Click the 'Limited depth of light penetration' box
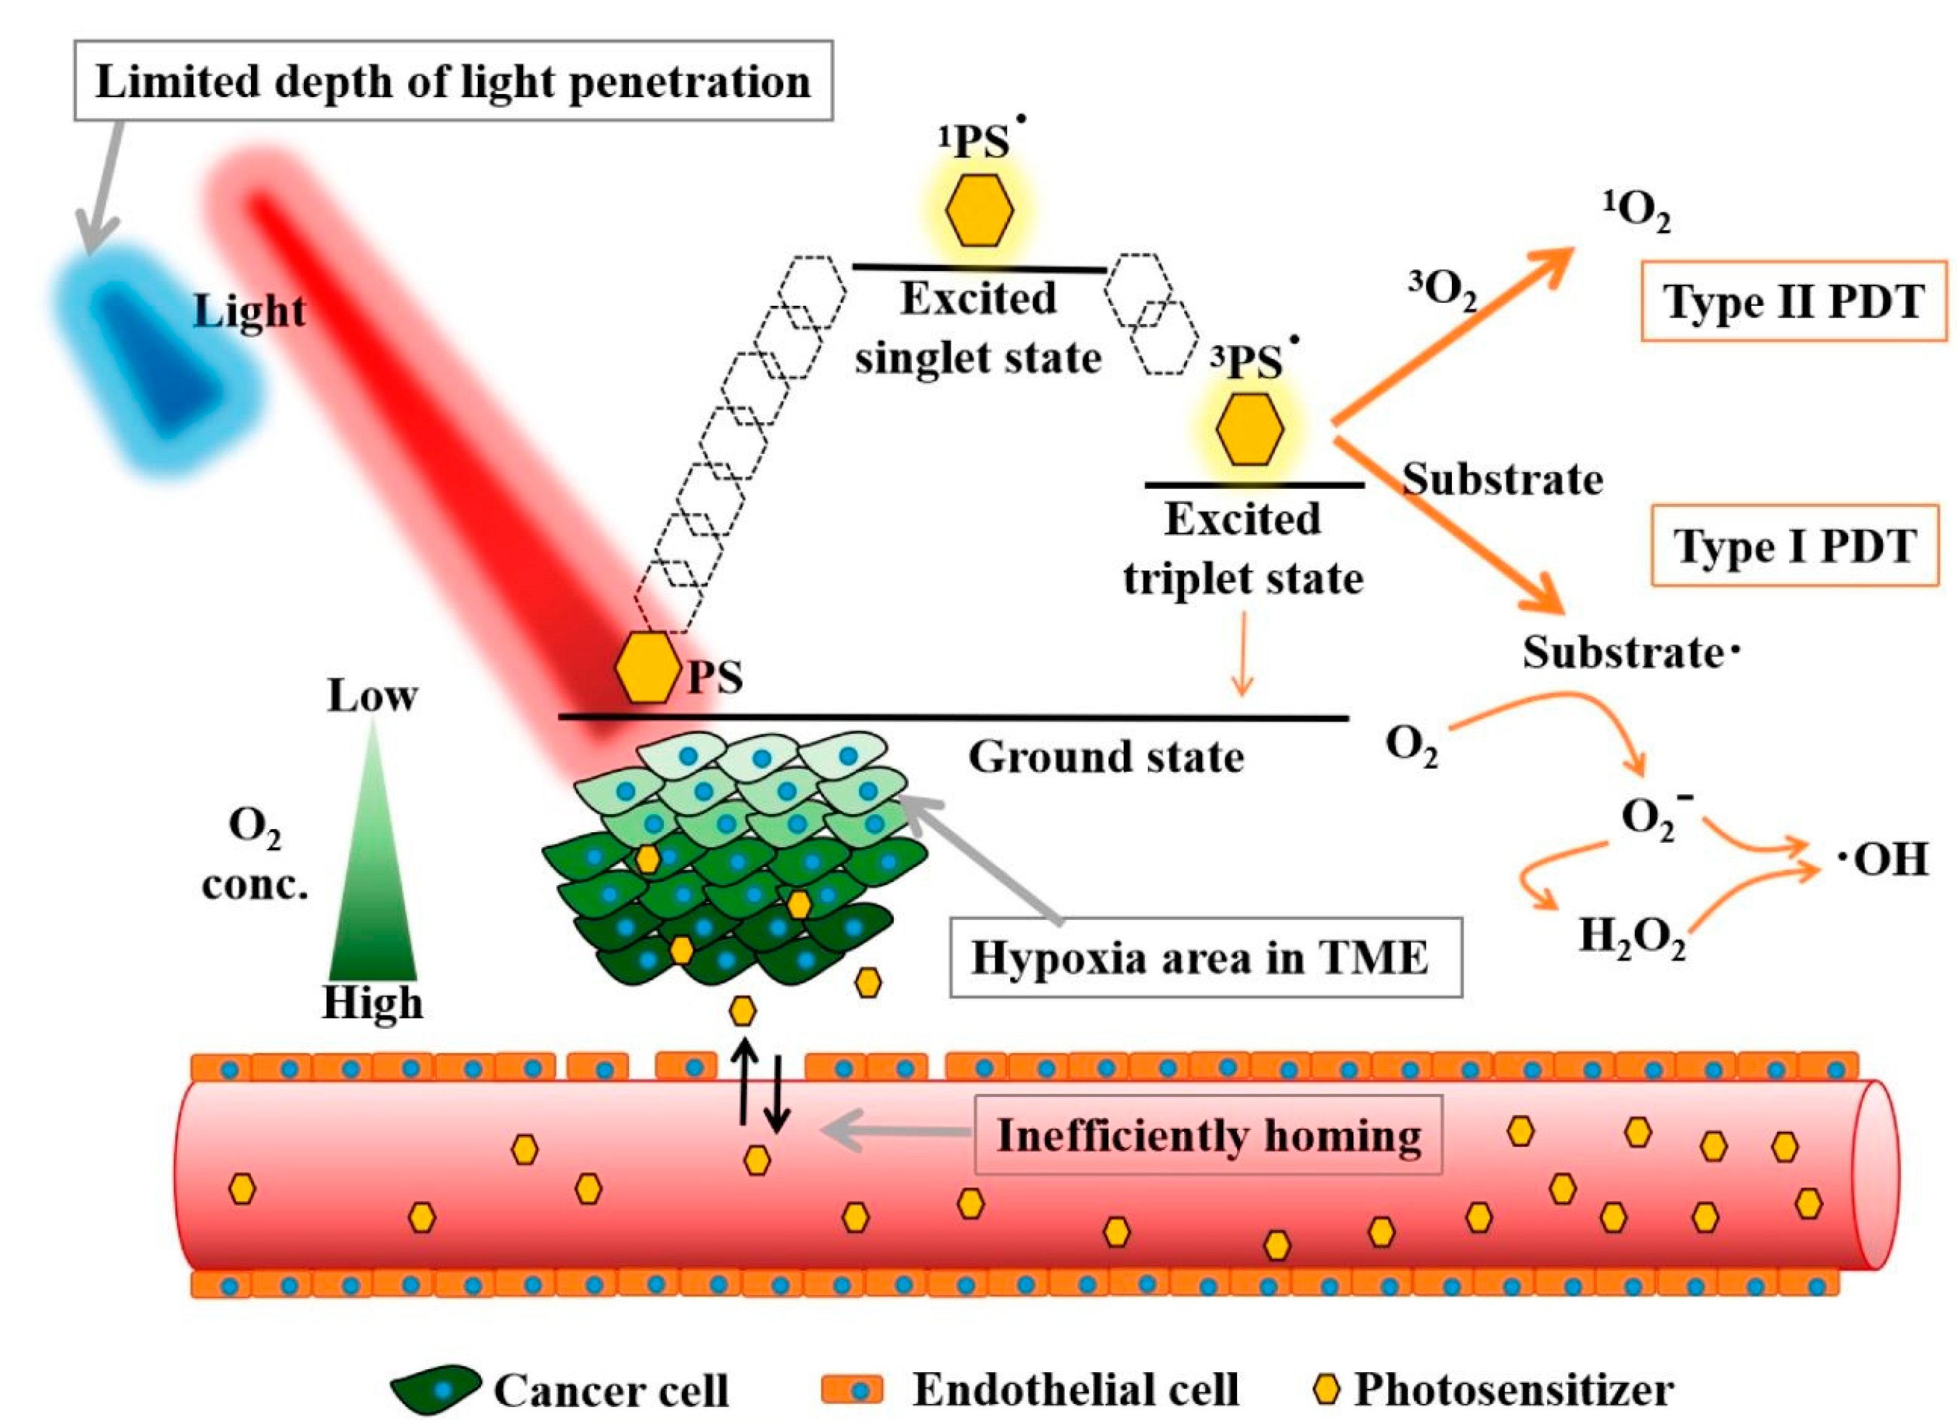point(453,80)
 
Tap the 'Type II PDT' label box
point(1793,301)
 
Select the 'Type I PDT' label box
point(1794,545)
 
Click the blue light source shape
point(156,363)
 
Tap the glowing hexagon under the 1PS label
point(978,210)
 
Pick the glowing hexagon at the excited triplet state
point(1249,429)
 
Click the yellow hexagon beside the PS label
point(648,668)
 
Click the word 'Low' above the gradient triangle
point(372,696)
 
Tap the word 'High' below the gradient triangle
point(372,1003)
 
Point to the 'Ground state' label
point(1106,757)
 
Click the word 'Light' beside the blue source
point(249,311)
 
